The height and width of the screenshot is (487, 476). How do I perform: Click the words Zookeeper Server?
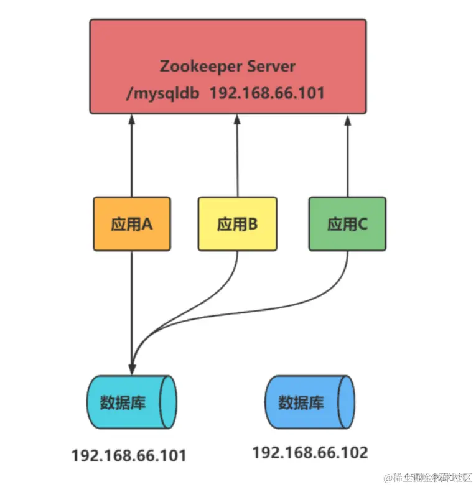(x=227, y=66)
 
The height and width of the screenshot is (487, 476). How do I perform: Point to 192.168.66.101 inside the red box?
(x=266, y=93)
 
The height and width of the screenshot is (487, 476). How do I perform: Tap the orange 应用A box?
(x=132, y=224)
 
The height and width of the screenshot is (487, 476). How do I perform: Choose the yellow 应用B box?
(x=237, y=224)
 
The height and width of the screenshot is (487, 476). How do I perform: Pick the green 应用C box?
(x=347, y=224)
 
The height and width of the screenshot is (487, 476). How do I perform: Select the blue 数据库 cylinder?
(x=309, y=402)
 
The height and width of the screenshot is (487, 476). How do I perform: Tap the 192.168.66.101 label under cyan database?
(x=129, y=455)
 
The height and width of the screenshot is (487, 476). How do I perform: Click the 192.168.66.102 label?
(x=310, y=452)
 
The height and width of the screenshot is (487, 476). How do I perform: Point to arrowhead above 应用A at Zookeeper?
(x=132, y=119)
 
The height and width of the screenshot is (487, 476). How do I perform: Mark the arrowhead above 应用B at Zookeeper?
(x=237, y=119)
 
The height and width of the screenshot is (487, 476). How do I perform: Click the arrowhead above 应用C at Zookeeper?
(x=347, y=119)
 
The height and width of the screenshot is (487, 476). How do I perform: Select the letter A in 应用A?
(x=147, y=224)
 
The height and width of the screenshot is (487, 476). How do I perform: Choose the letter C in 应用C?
(x=363, y=224)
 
